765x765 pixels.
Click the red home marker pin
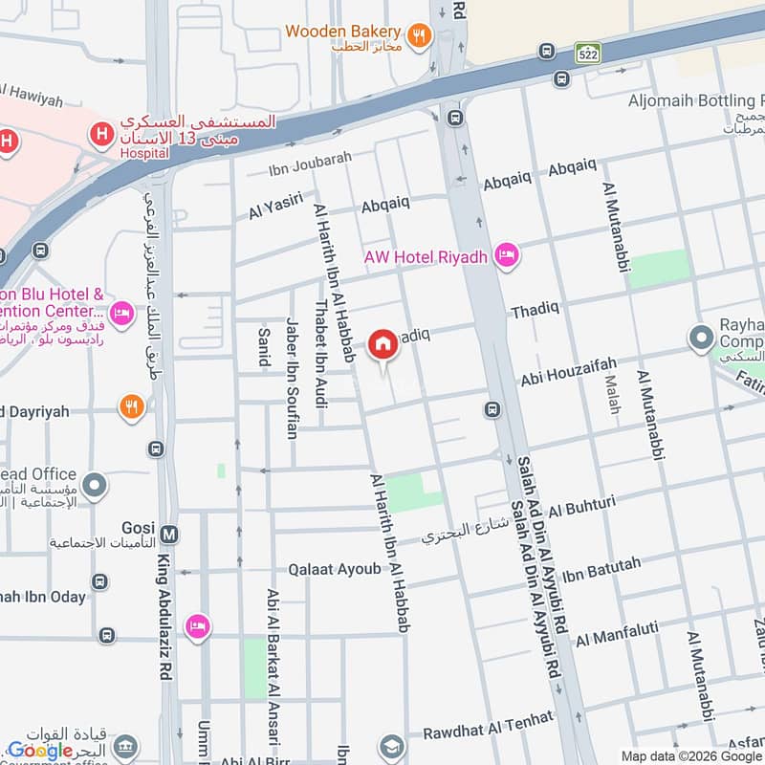(382, 345)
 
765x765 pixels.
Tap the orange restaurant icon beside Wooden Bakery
(418, 36)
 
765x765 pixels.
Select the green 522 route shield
(587, 55)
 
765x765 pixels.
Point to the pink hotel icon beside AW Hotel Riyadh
(507, 255)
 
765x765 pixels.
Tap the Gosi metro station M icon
(169, 533)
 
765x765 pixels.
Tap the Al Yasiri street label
(275, 207)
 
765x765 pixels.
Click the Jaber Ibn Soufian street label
(291, 378)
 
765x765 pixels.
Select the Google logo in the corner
(40, 750)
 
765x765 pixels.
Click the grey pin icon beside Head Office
(94, 486)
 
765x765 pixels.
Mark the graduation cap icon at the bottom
(390, 746)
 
